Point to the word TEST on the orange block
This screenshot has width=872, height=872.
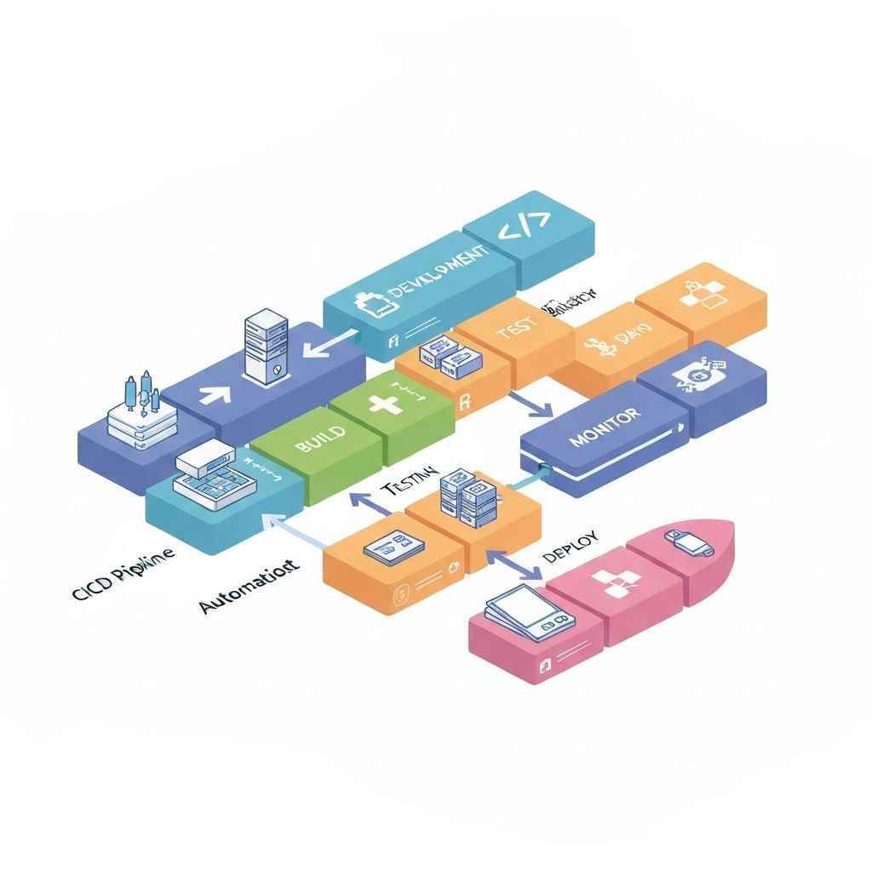pyautogui.click(x=517, y=326)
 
